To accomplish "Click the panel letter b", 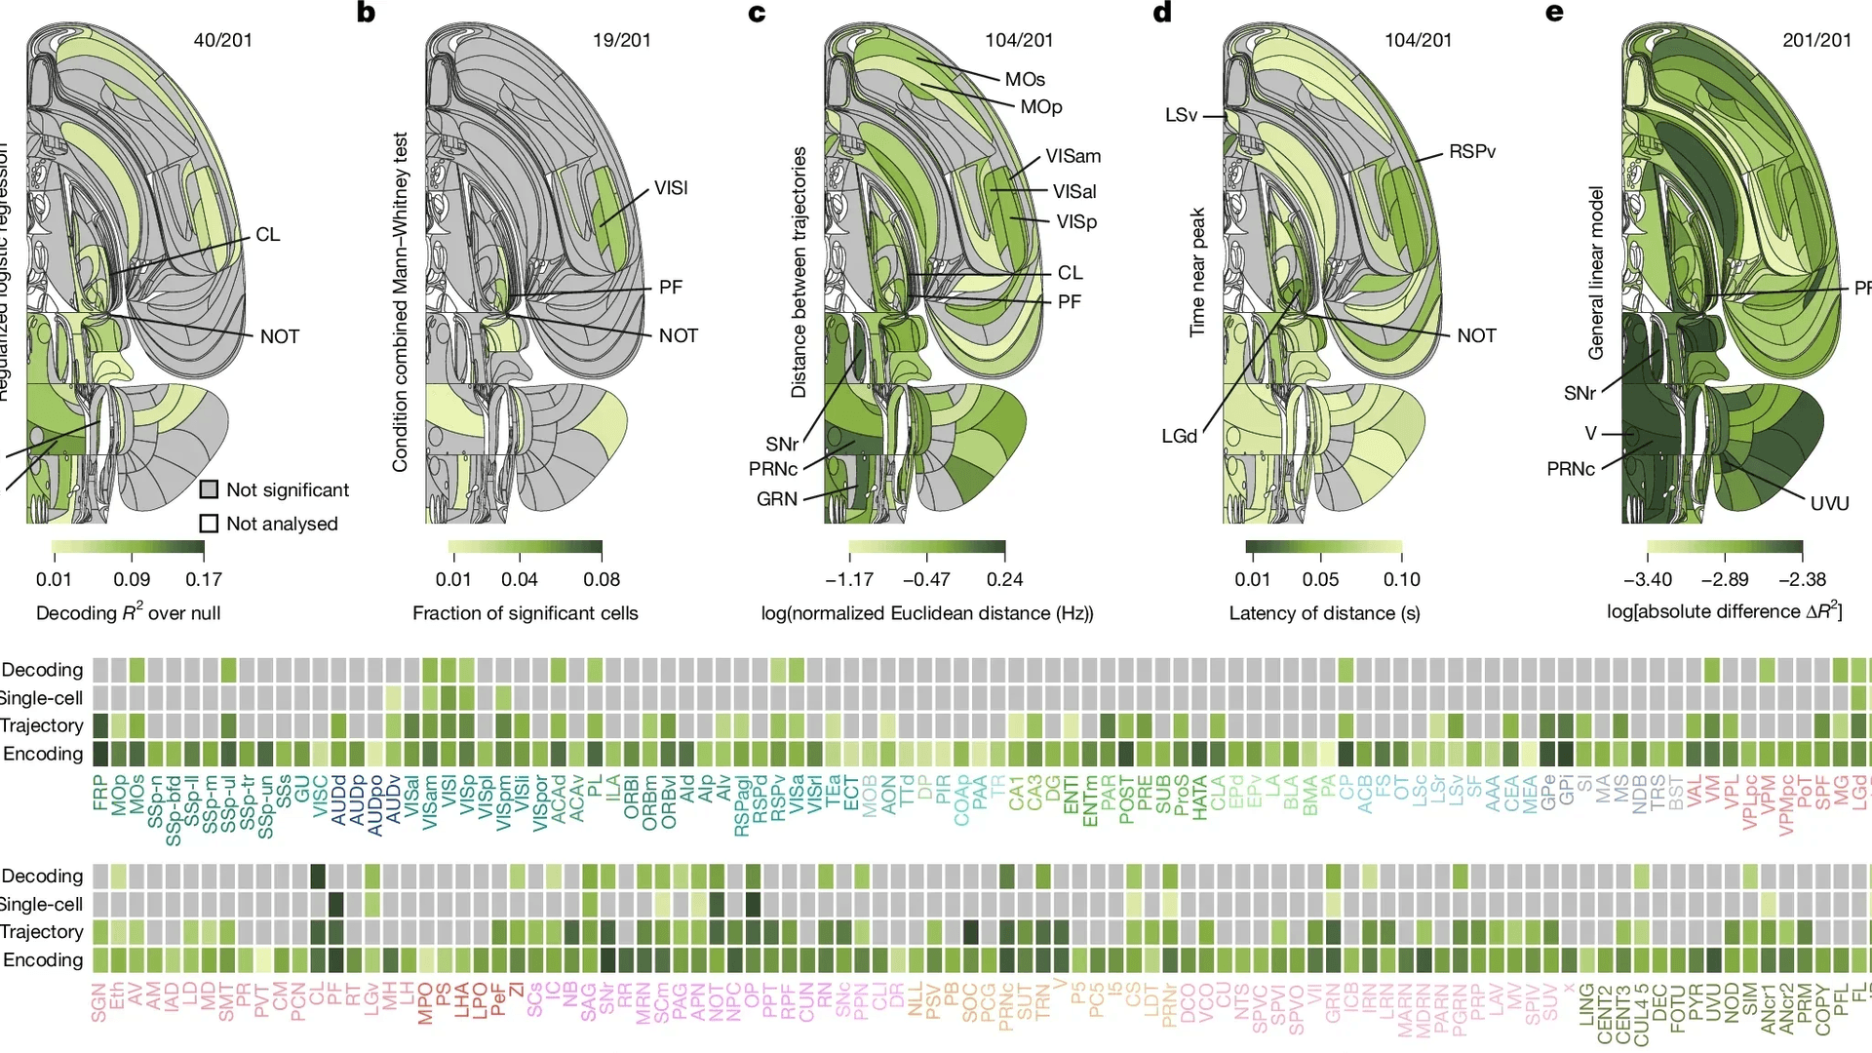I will pos(366,13).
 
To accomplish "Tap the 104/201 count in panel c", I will pos(1019,40).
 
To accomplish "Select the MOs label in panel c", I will pos(1025,79).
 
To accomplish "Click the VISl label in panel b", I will pos(671,187).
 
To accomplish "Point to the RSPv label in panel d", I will pos(1472,151).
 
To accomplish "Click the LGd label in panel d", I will pos(1179,436).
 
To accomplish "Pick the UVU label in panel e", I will pos(1829,503).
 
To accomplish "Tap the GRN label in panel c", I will pos(777,498).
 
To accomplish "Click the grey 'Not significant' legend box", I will pos(209,489).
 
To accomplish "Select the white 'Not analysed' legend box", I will pos(209,524).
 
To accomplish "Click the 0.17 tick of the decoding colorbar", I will pos(204,579).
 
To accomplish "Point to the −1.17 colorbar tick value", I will pos(849,579).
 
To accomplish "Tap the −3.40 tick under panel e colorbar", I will pos(1648,579).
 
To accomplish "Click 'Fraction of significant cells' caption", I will pos(525,613).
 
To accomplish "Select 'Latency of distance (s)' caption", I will pos(1324,613).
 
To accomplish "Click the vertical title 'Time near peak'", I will pos(1197,272).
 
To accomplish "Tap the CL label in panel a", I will pos(267,234).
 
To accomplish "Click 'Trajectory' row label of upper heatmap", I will pos(42,725).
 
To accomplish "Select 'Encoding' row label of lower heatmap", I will pos(43,959).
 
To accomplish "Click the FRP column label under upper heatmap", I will pos(99,794).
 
